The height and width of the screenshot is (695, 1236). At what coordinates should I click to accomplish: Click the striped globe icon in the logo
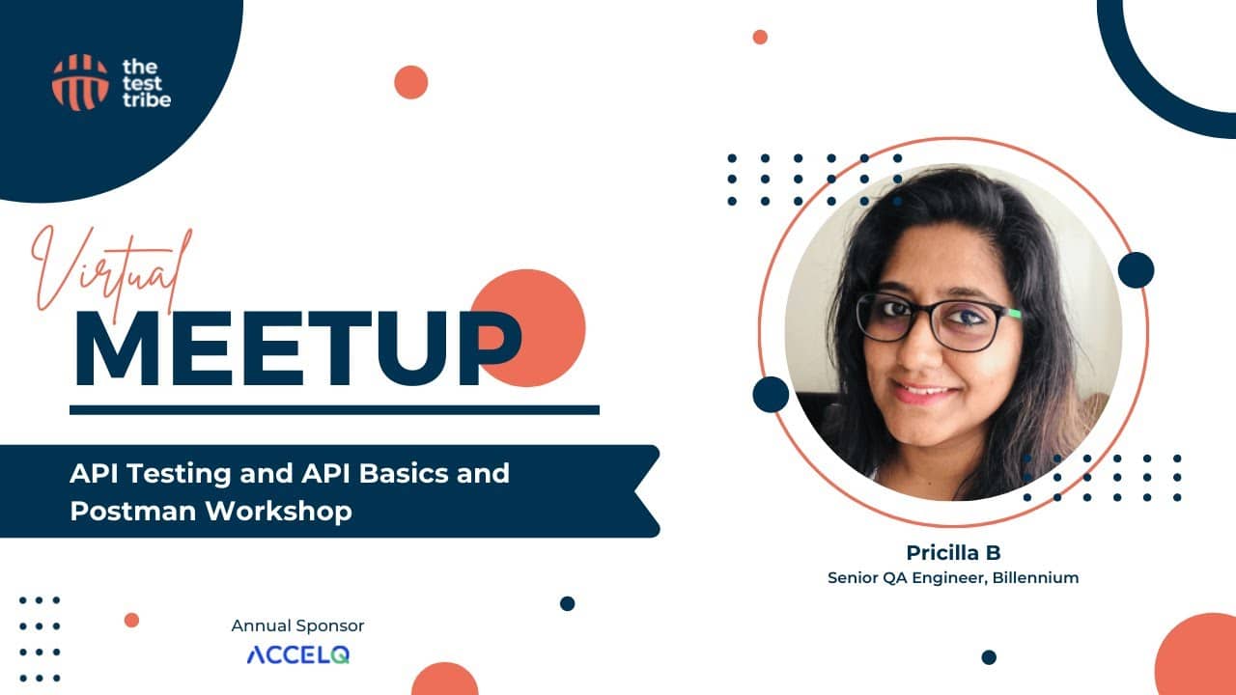click(x=80, y=82)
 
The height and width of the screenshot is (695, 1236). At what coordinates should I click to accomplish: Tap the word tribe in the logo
click(x=147, y=99)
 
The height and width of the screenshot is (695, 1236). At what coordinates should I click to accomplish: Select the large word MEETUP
click(x=298, y=348)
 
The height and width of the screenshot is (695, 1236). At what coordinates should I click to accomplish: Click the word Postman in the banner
click(x=133, y=511)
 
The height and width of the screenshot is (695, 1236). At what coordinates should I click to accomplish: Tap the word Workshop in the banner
click(x=279, y=511)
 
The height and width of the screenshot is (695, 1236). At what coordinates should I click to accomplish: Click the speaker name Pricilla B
click(x=953, y=552)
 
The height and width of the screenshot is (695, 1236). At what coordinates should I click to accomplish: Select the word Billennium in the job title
click(x=1035, y=577)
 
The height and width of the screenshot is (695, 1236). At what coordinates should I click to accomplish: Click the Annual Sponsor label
click(x=298, y=625)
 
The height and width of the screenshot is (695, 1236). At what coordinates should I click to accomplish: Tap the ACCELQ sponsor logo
click(x=298, y=654)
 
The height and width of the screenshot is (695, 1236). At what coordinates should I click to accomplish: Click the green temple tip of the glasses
click(x=1015, y=315)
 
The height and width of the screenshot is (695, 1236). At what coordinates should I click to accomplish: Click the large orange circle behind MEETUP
click(x=527, y=327)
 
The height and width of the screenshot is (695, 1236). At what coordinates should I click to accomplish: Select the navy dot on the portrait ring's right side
click(x=1137, y=270)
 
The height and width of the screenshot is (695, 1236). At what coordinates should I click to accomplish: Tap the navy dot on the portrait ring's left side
click(x=771, y=395)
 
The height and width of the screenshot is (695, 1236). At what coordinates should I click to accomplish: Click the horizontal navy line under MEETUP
click(x=334, y=410)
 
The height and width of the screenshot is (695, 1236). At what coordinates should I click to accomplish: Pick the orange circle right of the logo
click(x=411, y=82)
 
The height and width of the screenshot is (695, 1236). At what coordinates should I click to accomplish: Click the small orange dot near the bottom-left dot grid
click(x=131, y=620)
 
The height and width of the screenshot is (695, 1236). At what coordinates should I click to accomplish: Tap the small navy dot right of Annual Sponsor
click(x=567, y=603)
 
